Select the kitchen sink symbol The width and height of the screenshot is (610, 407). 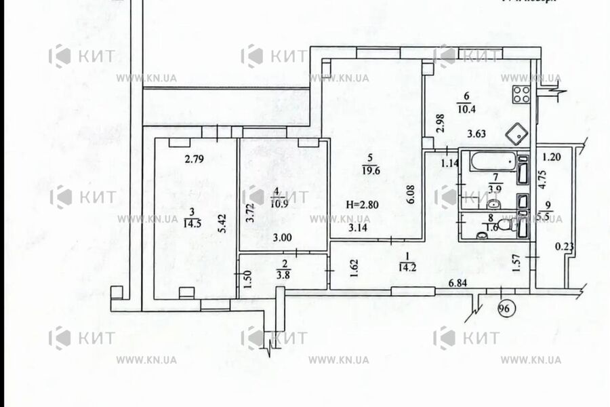[x=519, y=133]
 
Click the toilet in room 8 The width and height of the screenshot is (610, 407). [x=504, y=226]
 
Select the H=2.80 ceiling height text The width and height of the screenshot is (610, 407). [x=364, y=205]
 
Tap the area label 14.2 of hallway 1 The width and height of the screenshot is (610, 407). [x=407, y=266]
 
